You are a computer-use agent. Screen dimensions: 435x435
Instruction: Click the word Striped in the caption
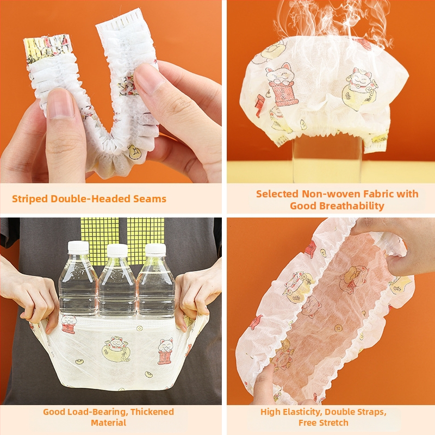click(30, 199)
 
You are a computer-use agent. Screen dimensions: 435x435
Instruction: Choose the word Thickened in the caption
click(152, 412)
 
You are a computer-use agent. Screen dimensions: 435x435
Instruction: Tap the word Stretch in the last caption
click(335, 423)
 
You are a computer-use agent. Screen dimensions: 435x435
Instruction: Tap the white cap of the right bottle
click(156, 250)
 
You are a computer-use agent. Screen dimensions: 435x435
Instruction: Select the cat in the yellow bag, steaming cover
click(360, 89)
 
